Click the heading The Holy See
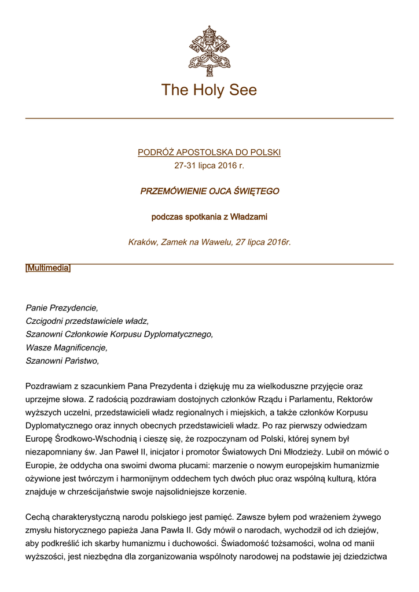209,90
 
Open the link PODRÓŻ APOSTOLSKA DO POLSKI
209,153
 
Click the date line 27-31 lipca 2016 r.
209,165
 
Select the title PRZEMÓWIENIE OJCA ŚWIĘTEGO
209,191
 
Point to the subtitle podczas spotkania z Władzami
209,217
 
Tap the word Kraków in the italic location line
142,242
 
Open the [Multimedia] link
48,268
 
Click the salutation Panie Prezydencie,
62,308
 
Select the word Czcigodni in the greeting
45,321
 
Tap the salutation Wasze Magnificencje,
67,347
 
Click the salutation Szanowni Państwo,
63,361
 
